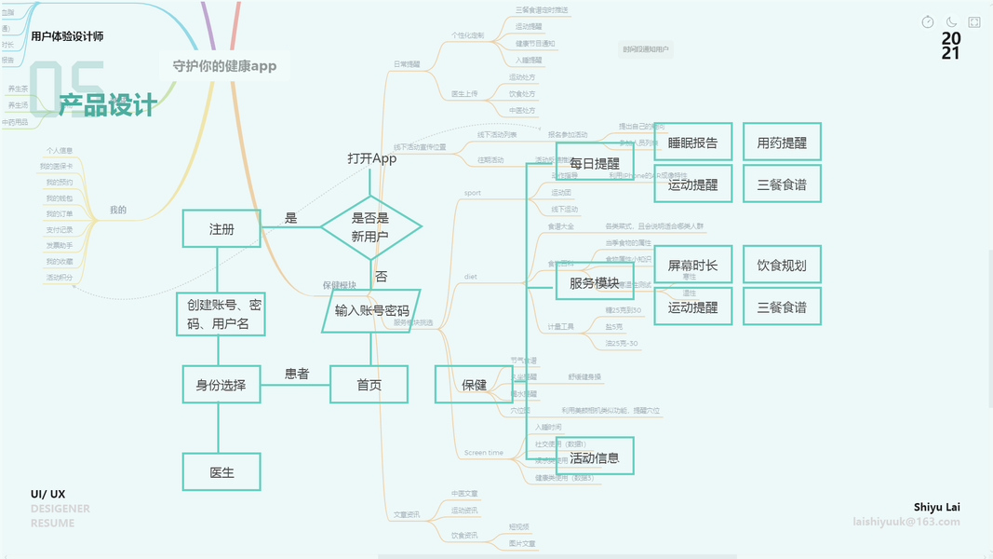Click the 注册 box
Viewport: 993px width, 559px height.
(221, 228)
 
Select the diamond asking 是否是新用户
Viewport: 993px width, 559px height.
(371, 226)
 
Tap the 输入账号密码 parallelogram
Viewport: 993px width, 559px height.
(371, 310)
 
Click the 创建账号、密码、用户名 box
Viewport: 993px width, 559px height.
(221, 314)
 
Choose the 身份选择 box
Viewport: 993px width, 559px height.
(221, 384)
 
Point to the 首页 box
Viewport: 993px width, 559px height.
(369, 384)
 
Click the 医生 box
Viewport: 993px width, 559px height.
(221, 472)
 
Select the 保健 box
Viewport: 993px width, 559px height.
(475, 385)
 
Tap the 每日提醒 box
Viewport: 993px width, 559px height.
(595, 162)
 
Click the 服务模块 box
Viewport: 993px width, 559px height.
(595, 281)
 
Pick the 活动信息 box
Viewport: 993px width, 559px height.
(595, 457)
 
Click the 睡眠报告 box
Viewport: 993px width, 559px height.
(693, 143)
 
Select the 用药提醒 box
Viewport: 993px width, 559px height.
(782, 143)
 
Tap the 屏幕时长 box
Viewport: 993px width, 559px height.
(693, 266)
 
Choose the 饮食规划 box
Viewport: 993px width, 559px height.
(782, 266)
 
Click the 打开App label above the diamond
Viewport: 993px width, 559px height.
(372, 158)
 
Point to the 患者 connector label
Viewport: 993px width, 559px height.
(297, 374)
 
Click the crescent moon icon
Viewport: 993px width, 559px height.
(951, 21)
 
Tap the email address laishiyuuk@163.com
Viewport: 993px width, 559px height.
(906, 522)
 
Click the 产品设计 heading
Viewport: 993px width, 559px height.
(107, 106)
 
